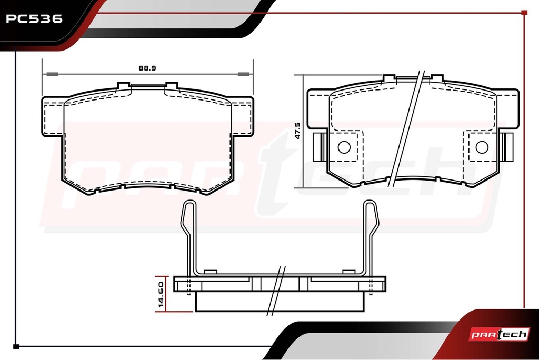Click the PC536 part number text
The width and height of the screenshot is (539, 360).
point(34,18)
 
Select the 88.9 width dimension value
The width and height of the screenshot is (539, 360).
point(147,68)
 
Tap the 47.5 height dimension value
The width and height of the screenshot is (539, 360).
point(297,131)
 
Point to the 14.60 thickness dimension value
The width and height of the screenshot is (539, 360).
point(161,294)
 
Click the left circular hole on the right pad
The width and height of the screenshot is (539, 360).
point(344,147)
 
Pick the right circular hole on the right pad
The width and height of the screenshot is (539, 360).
point(482,147)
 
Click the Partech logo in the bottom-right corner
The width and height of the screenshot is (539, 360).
point(499,334)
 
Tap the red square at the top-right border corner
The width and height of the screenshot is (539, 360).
point(524,13)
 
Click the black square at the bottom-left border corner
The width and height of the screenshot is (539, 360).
point(16,347)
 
